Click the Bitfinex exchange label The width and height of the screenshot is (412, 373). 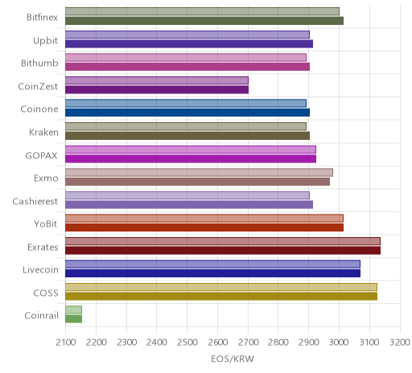[x=42, y=18]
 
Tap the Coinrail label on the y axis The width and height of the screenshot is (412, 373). [x=41, y=316]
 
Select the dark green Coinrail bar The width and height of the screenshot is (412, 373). [x=73, y=319]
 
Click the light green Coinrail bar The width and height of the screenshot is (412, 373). [x=73, y=309]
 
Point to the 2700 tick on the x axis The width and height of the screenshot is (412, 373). [x=248, y=342]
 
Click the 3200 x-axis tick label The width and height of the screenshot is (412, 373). [x=400, y=342]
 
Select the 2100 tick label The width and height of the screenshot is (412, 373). [x=66, y=342]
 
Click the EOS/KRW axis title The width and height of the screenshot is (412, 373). [x=233, y=359]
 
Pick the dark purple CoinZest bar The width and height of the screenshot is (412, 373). [x=157, y=89]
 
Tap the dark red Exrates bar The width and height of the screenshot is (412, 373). [x=223, y=251]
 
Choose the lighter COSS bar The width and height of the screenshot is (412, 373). [x=221, y=287]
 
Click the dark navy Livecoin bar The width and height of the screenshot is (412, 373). [x=212, y=273]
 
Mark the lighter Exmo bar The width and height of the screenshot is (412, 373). [x=199, y=172]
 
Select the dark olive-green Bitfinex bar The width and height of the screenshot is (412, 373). [x=204, y=21]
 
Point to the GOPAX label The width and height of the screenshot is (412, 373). [x=41, y=156]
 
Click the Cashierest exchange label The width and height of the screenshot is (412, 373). [x=35, y=201]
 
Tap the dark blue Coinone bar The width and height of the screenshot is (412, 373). [x=187, y=113]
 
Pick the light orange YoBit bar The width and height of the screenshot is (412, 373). [x=204, y=218]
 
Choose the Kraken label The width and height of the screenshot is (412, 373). [x=43, y=132]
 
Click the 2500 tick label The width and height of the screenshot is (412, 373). [x=187, y=342]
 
